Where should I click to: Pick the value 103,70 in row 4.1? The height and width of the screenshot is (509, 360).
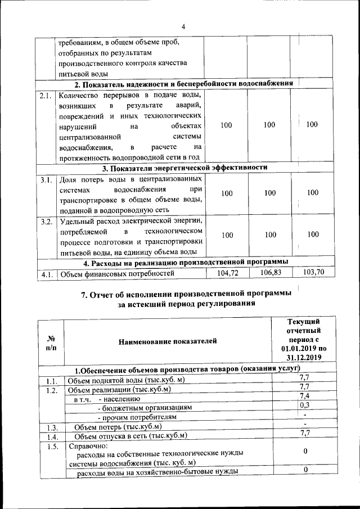[312, 272]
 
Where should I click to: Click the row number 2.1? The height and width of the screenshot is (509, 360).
[46, 95]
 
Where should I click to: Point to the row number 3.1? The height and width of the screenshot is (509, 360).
[46, 180]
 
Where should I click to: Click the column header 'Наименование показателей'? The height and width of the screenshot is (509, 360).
[167, 341]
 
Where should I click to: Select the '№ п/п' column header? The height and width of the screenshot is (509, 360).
[50, 341]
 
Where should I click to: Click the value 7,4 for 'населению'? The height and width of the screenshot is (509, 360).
[304, 395]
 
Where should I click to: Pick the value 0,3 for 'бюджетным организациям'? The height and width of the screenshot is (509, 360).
[305, 405]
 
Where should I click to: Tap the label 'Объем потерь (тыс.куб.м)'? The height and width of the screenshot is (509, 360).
[118, 426]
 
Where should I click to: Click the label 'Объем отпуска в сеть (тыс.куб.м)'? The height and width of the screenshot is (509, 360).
[130, 436]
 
